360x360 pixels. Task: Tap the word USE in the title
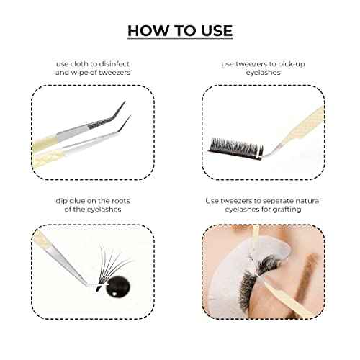213,30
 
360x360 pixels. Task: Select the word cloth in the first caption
93,63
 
